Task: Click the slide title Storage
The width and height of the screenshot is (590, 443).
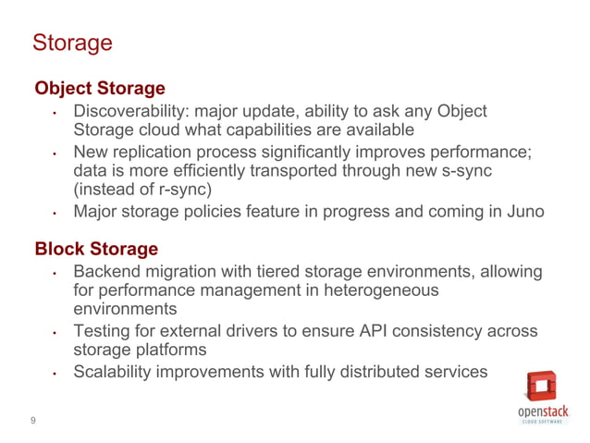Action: pos(72,43)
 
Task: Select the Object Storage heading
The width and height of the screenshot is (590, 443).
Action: pos(100,89)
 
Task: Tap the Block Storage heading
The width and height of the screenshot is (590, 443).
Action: pos(96,250)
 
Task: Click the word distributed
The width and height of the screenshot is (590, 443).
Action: pos(377,372)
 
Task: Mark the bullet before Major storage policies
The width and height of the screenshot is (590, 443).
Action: pos(55,214)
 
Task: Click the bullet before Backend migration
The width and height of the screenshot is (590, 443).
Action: pos(55,273)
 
